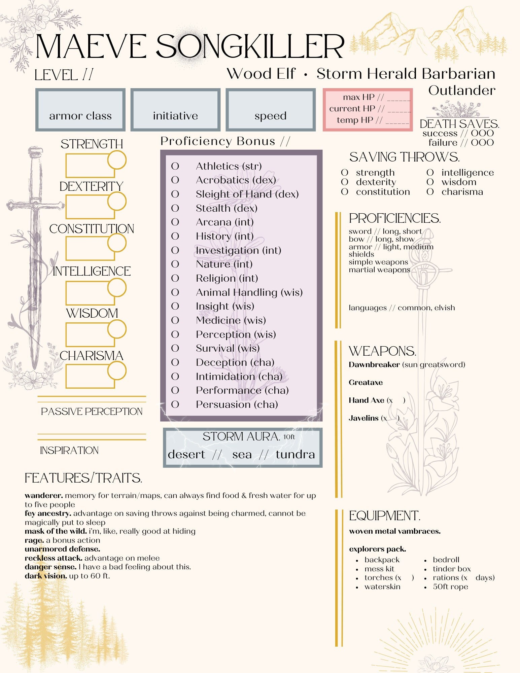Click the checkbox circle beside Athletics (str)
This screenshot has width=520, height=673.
[x=175, y=166]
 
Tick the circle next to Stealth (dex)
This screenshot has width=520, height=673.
[x=175, y=208]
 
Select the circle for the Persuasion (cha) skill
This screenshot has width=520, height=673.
[x=175, y=404]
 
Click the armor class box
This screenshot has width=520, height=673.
[x=80, y=110]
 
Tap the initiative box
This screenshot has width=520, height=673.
[x=175, y=110]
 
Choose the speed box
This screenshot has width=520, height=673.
[x=271, y=110]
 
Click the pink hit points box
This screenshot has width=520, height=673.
[x=368, y=109]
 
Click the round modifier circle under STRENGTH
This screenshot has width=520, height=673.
[x=117, y=160]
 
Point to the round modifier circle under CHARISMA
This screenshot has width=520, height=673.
[x=117, y=371]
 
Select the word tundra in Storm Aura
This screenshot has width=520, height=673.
[x=295, y=455]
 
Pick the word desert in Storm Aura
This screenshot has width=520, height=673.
[x=186, y=455]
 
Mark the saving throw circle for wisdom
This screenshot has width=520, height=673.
[x=430, y=182]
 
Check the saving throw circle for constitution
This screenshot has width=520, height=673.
[x=344, y=192]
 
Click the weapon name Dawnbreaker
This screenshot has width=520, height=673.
[x=374, y=365]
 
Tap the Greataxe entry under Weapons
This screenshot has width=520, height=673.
[x=366, y=383]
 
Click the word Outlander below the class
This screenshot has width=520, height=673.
[x=462, y=91]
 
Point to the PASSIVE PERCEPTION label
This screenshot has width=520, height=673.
[x=92, y=412]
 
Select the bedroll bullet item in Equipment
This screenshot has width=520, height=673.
[x=446, y=560]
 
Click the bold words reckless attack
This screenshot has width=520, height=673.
[x=54, y=558]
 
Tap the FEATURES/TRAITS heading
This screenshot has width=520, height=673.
[x=83, y=478]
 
